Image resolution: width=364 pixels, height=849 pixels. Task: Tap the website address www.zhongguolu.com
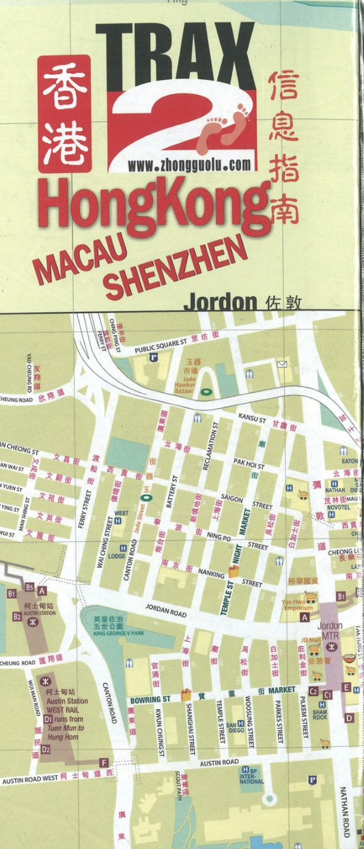pyautogui.click(x=189, y=164)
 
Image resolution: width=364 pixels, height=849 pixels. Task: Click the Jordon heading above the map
pyautogui.click(x=219, y=302)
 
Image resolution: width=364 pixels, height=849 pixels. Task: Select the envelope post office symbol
pyautogui.click(x=282, y=364)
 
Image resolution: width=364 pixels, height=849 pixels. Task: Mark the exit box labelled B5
pyautogui.click(x=29, y=587)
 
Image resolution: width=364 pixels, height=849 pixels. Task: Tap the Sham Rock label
pyautogui.click(x=320, y=715)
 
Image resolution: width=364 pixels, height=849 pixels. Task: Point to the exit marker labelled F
pyautogui.click(x=104, y=762)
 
